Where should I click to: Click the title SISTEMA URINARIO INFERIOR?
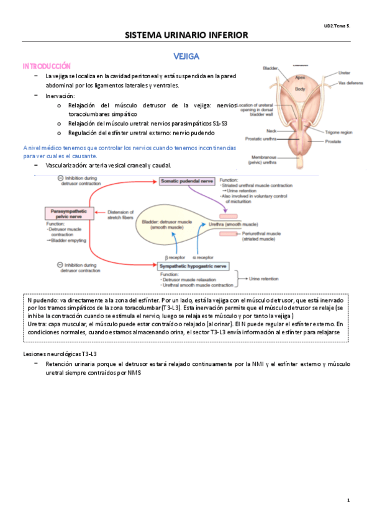186,35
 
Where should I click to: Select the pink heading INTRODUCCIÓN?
47,66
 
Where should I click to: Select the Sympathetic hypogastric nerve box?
193,265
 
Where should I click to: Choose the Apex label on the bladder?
300,78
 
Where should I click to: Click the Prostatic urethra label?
260,138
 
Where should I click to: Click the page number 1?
349,501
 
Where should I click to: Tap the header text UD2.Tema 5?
337,25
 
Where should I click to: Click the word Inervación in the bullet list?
60,96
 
